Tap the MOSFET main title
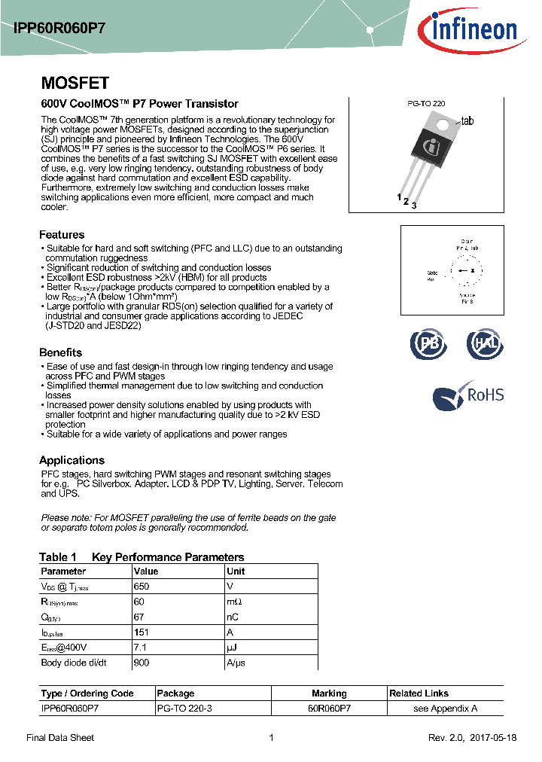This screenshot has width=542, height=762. (75, 83)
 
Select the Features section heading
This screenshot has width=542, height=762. (62, 235)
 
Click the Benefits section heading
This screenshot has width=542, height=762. (60, 352)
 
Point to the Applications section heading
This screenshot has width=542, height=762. (72, 460)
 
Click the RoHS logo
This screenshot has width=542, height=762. (468, 396)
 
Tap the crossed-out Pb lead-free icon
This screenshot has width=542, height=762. (428, 344)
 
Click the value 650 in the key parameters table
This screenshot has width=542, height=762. (142, 586)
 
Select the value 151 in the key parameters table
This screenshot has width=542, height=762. (141, 632)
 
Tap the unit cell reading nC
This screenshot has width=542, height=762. (233, 617)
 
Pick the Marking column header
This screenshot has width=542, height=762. (329, 693)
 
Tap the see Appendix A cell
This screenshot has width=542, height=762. (445, 708)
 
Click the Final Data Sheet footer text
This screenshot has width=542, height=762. (60, 738)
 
